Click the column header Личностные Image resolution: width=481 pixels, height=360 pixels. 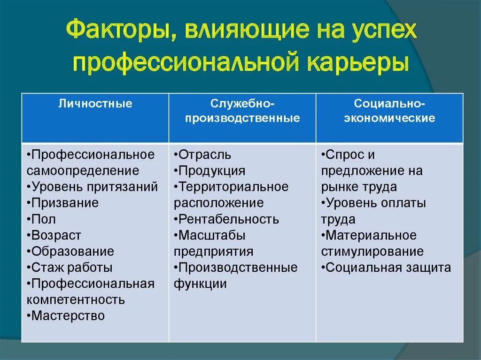[95, 103]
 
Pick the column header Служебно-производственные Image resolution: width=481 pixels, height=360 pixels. [242, 111]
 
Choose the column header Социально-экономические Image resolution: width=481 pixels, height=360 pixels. [389, 111]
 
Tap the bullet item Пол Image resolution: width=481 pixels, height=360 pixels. [44, 219]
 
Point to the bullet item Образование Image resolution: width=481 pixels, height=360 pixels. [72, 251]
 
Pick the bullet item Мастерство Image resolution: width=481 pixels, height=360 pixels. [68, 315]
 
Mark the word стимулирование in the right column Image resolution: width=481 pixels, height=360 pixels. [372, 251]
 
